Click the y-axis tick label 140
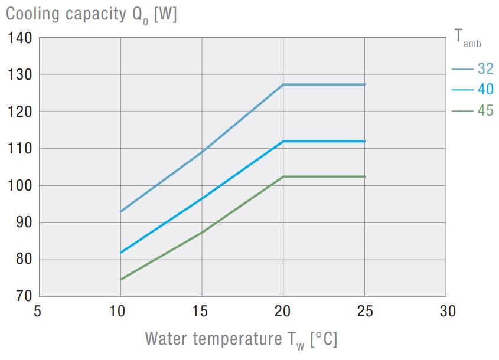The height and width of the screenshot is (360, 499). coord(20,38)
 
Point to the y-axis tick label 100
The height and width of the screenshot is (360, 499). coord(20,186)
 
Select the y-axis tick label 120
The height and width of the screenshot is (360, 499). coord(20,112)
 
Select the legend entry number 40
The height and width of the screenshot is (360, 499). coord(485,90)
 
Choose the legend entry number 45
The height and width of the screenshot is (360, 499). coord(485,111)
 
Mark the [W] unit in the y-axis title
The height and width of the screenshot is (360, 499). coord(165,15)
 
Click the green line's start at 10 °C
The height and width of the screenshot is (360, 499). coord(120,279)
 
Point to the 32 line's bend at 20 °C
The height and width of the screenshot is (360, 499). coord(283,84)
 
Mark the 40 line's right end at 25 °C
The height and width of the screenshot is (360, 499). coord(365,141)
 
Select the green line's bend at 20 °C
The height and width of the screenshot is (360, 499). coord(283,176)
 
